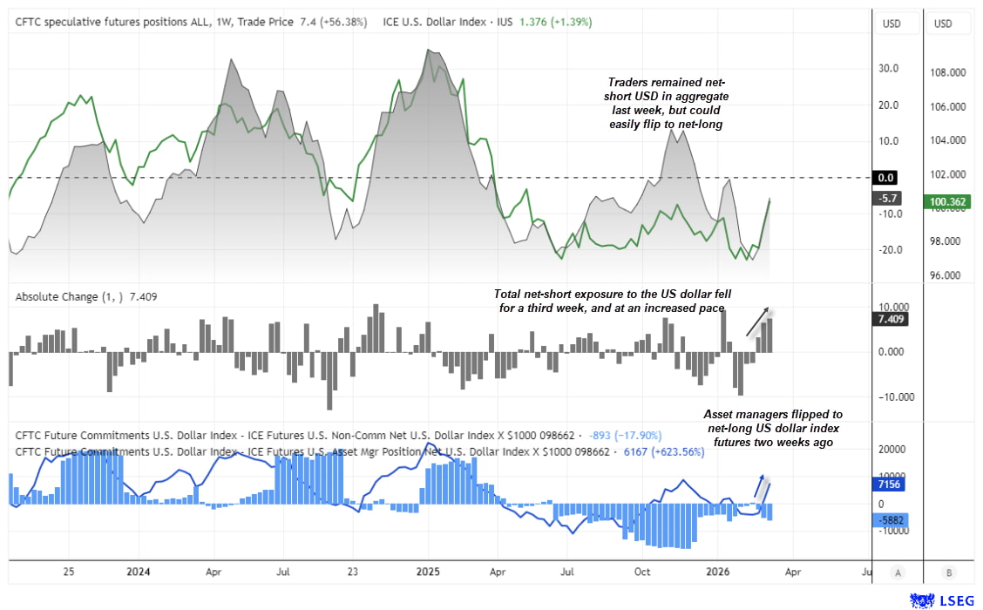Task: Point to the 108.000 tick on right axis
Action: [x=944, y=73]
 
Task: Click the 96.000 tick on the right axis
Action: [x=944, y=274]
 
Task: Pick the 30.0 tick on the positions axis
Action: [x=888, y=69]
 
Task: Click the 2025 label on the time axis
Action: [x=428, y=573]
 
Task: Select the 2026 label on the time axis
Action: [x=717, y=573]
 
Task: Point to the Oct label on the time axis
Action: [x=642, y=573]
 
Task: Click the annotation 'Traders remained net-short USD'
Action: [x=667, y=103]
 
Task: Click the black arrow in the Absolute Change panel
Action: [x=757, y=322]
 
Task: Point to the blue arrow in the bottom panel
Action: [x=761, y=486]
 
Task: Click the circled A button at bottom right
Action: [x=897, y=573]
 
